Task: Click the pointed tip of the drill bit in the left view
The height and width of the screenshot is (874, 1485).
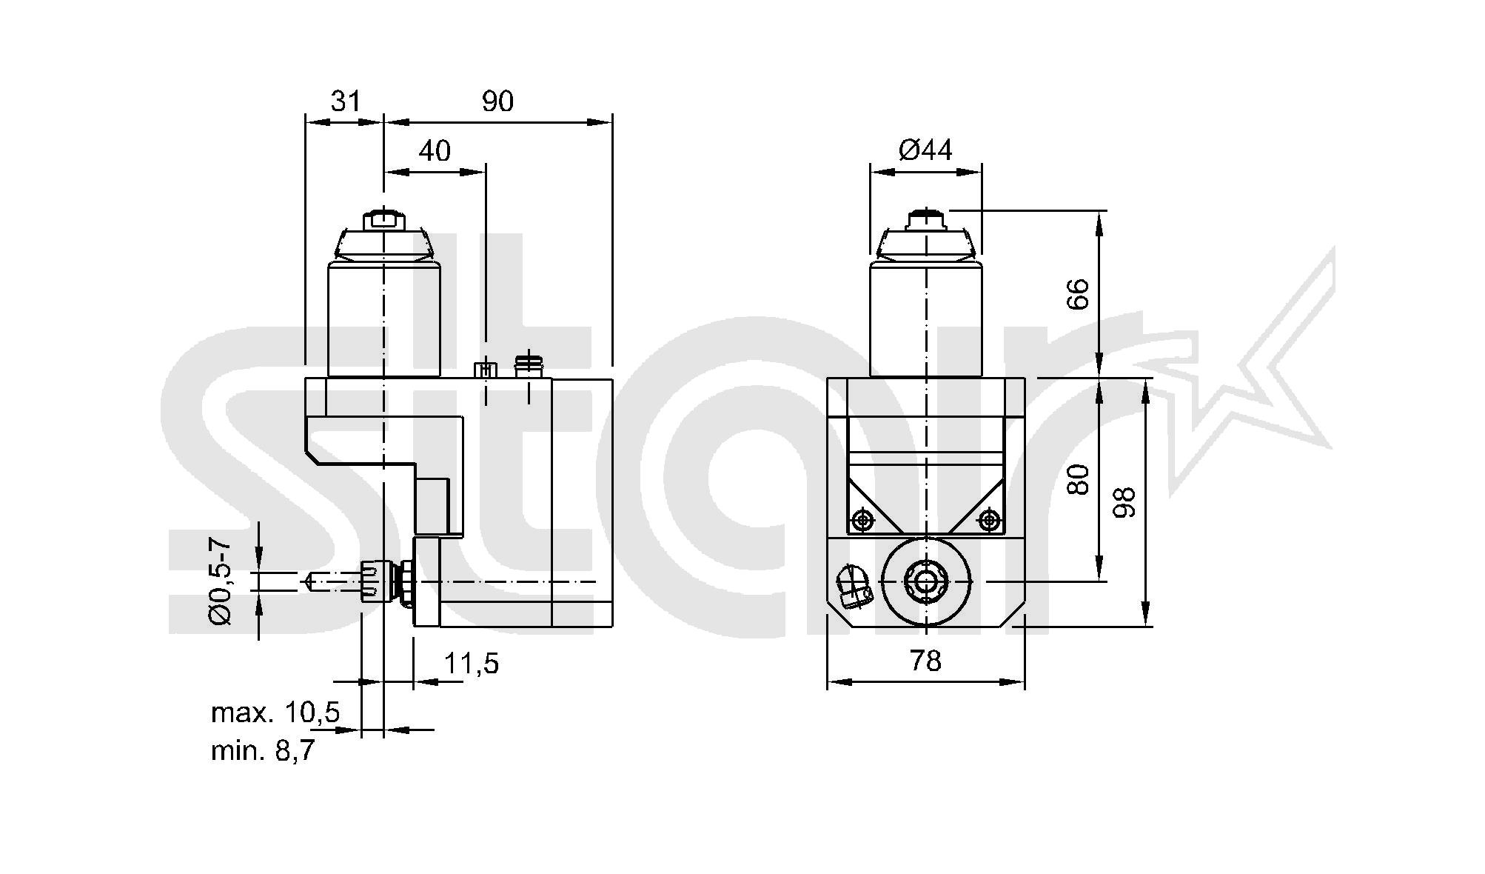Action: pyautogui.click(x=304, y=582)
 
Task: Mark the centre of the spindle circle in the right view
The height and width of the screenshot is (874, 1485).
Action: pyautogui.click(x=926, y=581)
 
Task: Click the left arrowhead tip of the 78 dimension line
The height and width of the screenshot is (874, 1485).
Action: pyautogui.click(x=827, y=682)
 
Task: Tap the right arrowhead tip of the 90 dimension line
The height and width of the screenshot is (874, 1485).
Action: pyautogui.click(x=612, y=122)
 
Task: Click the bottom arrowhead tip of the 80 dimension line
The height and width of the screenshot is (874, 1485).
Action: pyautogui.click(x=1099, y=581)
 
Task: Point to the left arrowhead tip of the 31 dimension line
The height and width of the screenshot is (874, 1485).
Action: pyautogui.click(x=306, y=122)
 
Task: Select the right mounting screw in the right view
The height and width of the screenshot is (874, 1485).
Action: pyautogui.click(x=990, y=520)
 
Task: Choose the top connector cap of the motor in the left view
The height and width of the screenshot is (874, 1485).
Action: pyautogui.click(x=383, y=220)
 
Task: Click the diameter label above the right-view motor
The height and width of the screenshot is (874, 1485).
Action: pyautogui.click(x=925, y=150)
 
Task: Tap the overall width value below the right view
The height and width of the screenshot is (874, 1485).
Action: pyautogui.click(x=925, y=661)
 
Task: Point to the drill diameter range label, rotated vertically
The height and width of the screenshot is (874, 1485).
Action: pyautogui.click(x=220, y=582)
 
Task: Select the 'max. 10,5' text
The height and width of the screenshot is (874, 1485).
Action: pyautogui.click(x=275, y=713)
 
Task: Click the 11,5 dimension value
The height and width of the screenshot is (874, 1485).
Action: pyautogui.click(x=472, y=664)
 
